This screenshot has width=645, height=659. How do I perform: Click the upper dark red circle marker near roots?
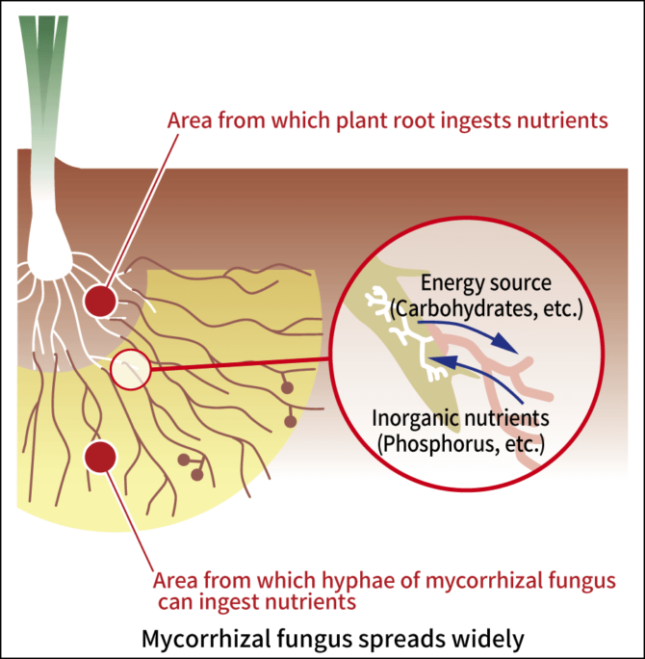pyautogui.click(x=99, y=301)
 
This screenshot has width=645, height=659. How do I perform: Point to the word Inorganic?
pyautogui.click(x=418, y=420)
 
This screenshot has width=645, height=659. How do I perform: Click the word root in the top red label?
pyautogui.click(x=407, y=121)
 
